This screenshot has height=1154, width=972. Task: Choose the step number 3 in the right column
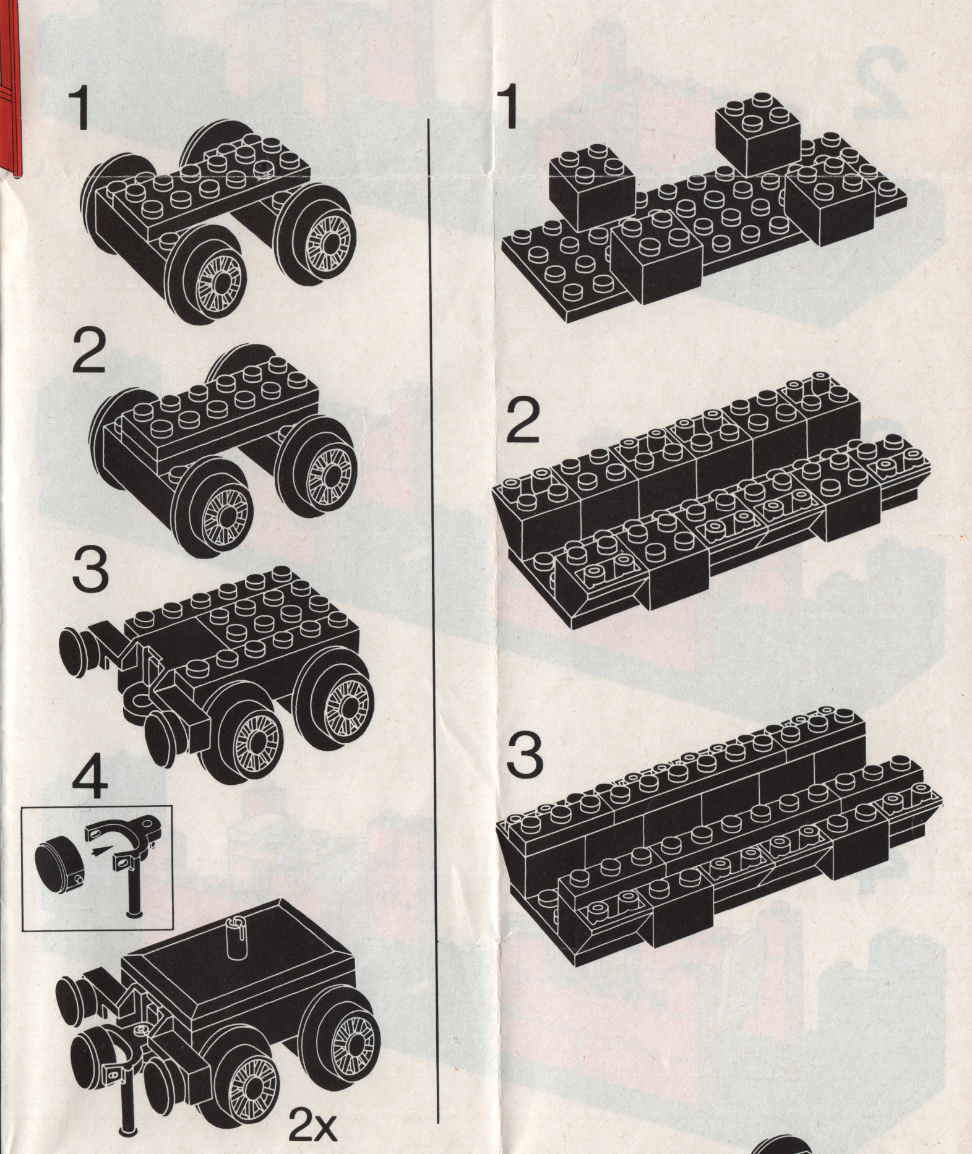pyautogui.click(x=527, y=763)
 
